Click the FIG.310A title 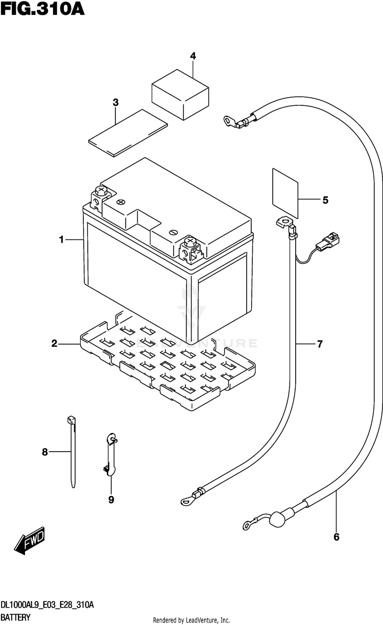42,9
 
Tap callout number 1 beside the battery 62,239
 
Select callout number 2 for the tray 54,344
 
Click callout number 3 115,102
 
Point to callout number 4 193,56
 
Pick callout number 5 325,200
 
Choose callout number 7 320,344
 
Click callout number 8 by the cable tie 45,452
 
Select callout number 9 111,500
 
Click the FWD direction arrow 29,541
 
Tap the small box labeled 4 180,95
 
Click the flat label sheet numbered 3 128,133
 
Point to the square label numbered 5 285,193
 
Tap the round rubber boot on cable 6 277,520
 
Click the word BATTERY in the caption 15,617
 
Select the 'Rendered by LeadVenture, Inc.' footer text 192,620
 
